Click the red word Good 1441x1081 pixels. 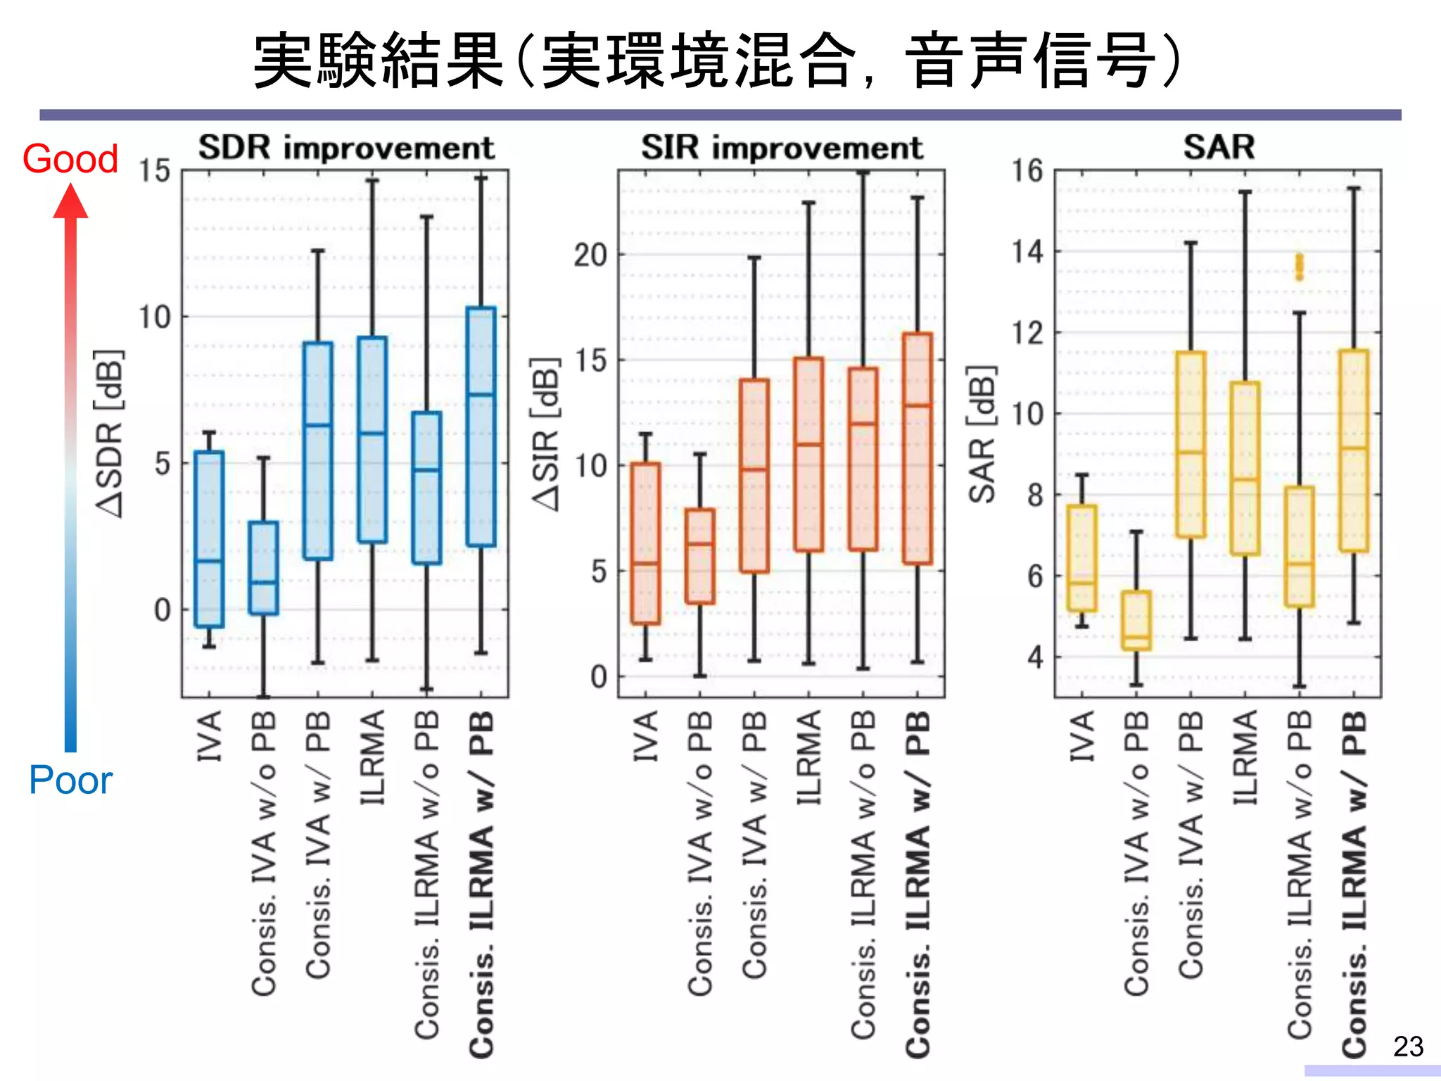pos(70,159)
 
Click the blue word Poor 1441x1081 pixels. pos(70,780)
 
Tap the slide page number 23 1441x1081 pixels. pos(1408,1047)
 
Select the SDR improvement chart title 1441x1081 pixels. pos(346,148)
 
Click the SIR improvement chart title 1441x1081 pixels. pos(782,148)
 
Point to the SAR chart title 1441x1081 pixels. pos(1219,148)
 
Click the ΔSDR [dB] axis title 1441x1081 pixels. pos(110,434)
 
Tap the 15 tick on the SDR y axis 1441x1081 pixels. pos(154,171)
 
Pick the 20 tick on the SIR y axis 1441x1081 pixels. pos(590,255)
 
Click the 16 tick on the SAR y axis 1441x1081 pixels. pos(1027,171)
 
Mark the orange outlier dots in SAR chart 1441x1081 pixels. pos(1299,267)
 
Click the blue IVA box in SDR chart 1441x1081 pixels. pos(209,538)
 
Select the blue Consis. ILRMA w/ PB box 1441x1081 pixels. pos(481,426)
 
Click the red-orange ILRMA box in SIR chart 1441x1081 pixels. pos(808,454)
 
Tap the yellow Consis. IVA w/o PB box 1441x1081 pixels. pos(1136,619)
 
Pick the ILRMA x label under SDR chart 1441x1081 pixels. pos(373,757)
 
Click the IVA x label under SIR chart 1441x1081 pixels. pos(645,735)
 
